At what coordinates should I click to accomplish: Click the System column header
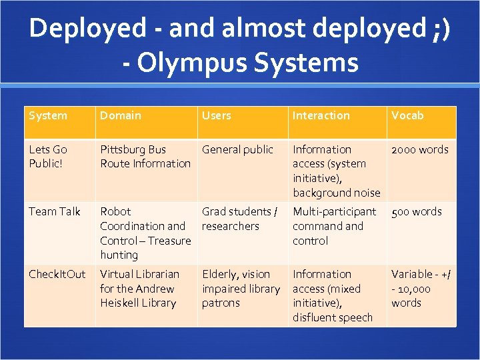point(48,116)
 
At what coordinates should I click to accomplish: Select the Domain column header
point(121,116)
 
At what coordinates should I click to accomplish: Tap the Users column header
point(217,116)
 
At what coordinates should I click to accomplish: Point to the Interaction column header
point(321,116)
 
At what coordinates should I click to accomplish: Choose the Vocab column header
point(407,116)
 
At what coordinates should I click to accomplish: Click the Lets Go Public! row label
point(48,157)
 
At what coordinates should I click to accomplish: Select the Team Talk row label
point(55,212)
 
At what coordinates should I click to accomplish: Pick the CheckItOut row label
point(57,275)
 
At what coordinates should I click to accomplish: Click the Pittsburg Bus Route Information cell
point(145,157)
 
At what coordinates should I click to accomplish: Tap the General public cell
point(238,150)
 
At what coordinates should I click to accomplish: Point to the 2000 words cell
point(420,150)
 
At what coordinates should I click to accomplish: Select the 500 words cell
point(417,212)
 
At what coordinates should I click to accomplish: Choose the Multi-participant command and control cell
point(335,226)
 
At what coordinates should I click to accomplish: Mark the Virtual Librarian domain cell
point(139,289)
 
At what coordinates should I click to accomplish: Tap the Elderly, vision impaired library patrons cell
point(241,289)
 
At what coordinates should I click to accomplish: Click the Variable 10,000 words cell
point(420,289)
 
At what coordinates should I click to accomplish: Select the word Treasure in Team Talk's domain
point(169,241)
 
